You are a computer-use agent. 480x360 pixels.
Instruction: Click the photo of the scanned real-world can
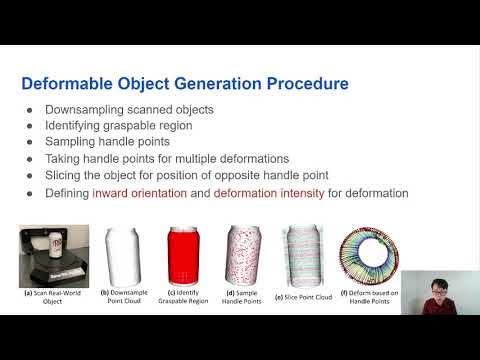(x=54, y=256)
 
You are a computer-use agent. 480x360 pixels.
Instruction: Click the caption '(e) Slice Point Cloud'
(x=304, y=297)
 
